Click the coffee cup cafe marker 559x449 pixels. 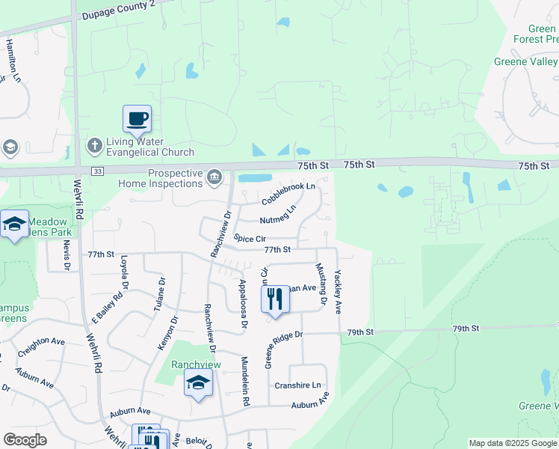137,118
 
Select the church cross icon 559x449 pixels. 94,143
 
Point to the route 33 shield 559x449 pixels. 98,171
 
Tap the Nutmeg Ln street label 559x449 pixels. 278,215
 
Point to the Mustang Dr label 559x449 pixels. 322,285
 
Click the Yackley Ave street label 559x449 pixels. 338,291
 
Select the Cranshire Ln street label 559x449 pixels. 297,385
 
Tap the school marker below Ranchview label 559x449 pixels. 198,383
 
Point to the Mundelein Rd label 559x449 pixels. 244,381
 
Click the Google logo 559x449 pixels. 25,440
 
